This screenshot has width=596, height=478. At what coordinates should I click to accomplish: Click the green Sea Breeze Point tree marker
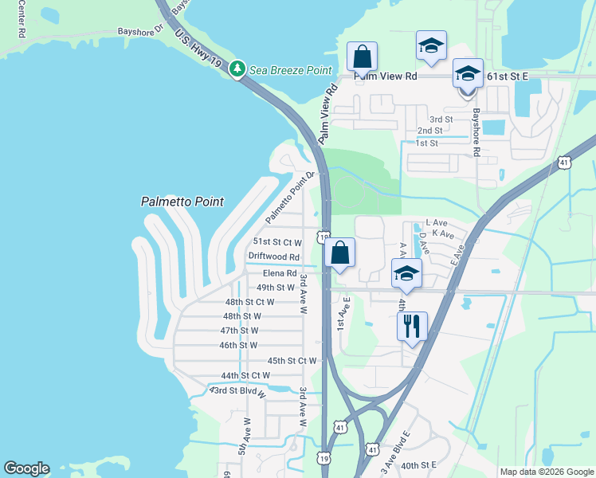pos(237,69)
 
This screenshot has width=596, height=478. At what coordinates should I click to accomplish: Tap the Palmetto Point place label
pos(182,202)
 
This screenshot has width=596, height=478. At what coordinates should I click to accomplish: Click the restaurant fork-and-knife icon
pos(412,326)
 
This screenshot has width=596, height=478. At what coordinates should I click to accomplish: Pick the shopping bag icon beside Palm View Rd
pos(362,58)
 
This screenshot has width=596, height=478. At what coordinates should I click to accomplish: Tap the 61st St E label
pos(507,76)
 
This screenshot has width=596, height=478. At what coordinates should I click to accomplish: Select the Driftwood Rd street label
pos(273,257)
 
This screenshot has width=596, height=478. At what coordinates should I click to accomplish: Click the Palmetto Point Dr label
pos(291,197)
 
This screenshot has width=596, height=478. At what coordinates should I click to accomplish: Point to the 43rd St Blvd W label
pos(238,390)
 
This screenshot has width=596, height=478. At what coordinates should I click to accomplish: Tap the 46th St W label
pos(239,345)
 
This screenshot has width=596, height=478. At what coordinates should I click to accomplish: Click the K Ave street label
pos(442,235)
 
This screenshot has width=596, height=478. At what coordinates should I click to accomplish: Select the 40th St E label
pos(419,465)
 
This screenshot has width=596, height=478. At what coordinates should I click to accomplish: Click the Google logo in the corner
pos(27,468)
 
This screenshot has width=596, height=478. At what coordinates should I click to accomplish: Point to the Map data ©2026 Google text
pos(546,472)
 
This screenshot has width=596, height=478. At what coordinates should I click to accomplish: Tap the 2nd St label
pos(429,131)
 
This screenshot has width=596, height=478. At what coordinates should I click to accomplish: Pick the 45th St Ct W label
pos(292,360)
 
